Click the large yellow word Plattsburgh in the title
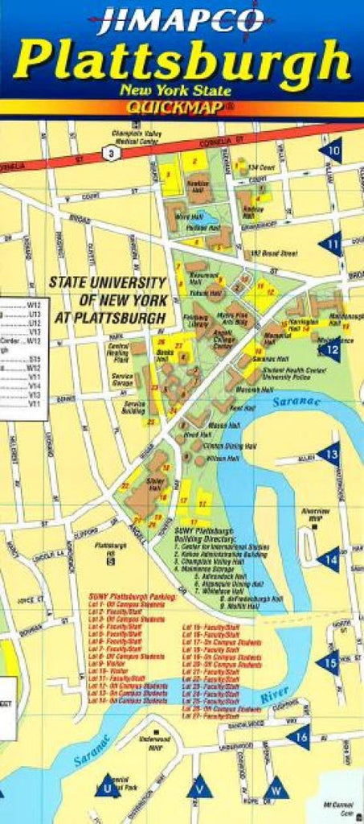point(182,61)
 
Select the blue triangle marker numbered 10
point(331,150)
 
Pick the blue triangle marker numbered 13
point(329,455)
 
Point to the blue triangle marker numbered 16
point(299,735)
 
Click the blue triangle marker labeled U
point(108,788)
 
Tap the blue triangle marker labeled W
point(276,788)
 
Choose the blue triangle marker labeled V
point(200,788)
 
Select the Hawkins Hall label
point(198,183)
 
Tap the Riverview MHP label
point(315,513)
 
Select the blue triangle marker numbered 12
point(330,348)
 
